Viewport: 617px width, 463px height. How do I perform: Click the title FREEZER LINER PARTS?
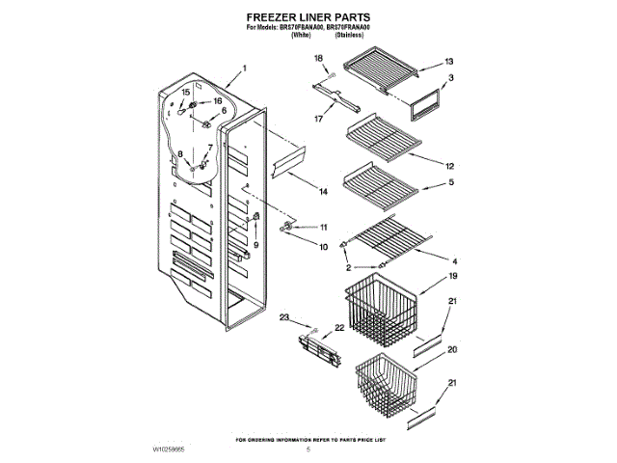(308, 17)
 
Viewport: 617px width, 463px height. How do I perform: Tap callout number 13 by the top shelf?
(448, 62)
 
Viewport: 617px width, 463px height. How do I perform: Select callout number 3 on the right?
(450, 77)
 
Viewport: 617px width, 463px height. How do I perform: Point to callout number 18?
(318, 59)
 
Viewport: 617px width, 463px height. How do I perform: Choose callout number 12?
(448, 165)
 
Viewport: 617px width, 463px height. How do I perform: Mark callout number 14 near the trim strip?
(324, 191)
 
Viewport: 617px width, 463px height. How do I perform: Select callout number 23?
(284, 317)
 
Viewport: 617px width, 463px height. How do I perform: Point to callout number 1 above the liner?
(244, 68)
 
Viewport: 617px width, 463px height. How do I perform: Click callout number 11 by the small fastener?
(324, 228)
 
